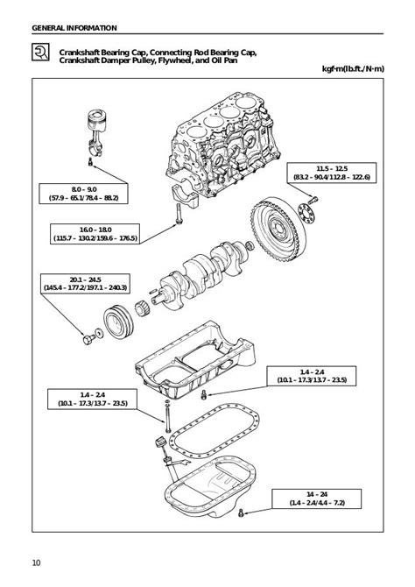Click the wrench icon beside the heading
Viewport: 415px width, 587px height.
pos(40,52)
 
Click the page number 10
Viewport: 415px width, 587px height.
pos(36,562)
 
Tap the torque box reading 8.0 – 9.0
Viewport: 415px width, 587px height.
pos(83,194)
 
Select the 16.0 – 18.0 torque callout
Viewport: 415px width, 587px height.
pos(95,234)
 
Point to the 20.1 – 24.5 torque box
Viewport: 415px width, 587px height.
pos(86,284)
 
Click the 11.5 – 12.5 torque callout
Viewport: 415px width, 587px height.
pos(332,173)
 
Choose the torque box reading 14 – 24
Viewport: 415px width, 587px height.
pos(317,499)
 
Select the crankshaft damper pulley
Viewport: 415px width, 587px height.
pos(118,322)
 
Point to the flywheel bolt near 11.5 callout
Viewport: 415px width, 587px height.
pos(313,201)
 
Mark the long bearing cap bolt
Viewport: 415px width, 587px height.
pos(178,213)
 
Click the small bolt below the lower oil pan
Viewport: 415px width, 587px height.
pos(241,513)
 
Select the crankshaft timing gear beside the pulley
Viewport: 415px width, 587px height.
pos(142,309)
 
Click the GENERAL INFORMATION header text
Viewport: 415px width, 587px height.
pos(74,28)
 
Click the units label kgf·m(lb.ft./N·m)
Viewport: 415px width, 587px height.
pos(353,69)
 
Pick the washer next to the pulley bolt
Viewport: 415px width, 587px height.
pos(99,333)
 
